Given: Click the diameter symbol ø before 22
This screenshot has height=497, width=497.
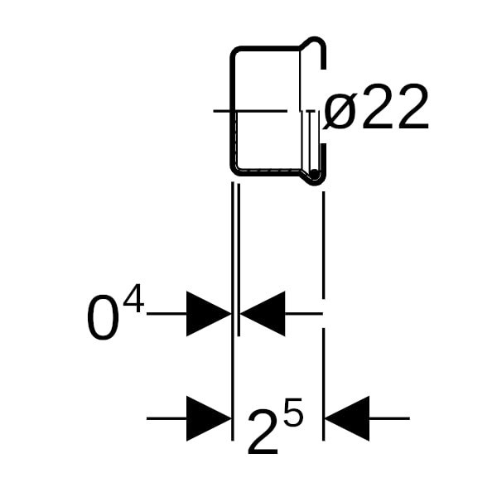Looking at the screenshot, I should click(x=340, y=111).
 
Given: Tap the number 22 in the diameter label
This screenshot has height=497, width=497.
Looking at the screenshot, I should click(x=396, y=109).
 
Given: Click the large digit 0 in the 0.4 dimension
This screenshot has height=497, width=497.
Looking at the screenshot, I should click(x=103, y=320).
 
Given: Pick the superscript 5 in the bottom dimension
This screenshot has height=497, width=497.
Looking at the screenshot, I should click(x=292, y=413).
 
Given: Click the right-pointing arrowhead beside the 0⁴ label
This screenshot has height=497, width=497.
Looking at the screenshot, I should click(x=208, y=314).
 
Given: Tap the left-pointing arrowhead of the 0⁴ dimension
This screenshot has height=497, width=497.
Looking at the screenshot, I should click(x=263, y=314).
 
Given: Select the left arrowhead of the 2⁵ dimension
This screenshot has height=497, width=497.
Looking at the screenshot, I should click(x=208, y=418).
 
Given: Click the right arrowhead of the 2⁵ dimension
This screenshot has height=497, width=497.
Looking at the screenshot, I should click(x=347, y=418).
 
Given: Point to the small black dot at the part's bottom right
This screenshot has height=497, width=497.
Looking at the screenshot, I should click(x=315, y=174).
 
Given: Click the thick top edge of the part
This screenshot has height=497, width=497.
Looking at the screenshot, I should click(x=265, y=48).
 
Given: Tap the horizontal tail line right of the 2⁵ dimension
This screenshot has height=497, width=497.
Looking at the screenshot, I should click(x=389, y=418).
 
